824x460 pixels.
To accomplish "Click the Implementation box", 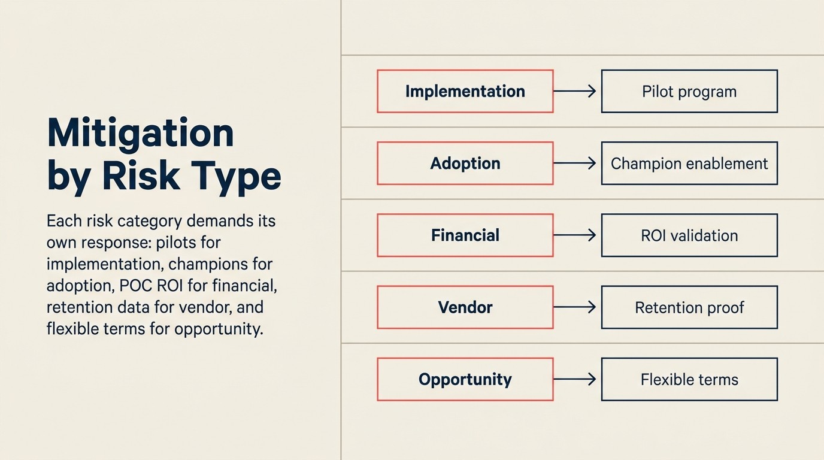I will click(465, 91).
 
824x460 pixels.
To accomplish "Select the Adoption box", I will click(465, 163).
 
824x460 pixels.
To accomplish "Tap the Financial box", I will click(465, 235).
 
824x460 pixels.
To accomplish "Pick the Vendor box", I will click(465, 307).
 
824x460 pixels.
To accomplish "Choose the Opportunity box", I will click(465, 379).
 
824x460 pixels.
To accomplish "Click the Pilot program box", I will click(689, 91).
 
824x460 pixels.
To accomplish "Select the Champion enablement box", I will click(689, 163).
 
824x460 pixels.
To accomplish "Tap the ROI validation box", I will click(689, 235).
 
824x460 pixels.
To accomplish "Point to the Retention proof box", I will click(689, 307).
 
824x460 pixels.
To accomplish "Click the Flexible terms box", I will click(689, 379).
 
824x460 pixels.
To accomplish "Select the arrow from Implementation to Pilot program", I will click(575, 91).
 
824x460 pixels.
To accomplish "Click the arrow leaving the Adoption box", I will click(575, 163).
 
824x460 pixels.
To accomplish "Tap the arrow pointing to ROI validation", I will click(575, 235).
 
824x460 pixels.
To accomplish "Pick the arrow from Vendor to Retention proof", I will click(575, 307).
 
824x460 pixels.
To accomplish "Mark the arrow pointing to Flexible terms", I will click(575, 379).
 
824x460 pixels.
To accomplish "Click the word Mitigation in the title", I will click(140, 133).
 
